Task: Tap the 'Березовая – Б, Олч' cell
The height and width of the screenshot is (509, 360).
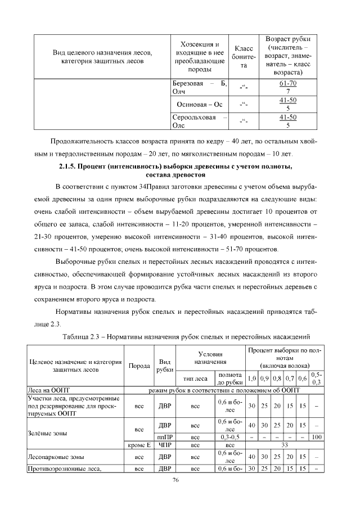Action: pyautogui.click(x=200, y=88)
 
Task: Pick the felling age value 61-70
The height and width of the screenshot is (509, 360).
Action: pyautogui.click(x=287, y=84)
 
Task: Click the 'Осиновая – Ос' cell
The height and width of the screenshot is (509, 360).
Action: pyautogui.click(x=200, y=105)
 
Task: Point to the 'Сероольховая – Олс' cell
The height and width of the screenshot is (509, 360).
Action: pyautogui.click(x=200, y=121)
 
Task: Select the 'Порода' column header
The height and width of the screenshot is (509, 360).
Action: pyautogui.click(x=139, y=365)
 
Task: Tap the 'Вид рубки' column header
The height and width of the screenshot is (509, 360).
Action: pyautogui.click(x=165, y=365)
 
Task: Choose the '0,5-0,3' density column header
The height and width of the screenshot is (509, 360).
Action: pyautogui.click(x=316, y=378)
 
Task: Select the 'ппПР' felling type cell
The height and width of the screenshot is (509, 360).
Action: pyautogui.click(x=165, y=436)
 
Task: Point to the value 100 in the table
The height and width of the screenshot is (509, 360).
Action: pyautogui.click(x=316, y=436)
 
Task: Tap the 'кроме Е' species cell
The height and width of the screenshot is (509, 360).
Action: pyautogui.click(x=139, y=445)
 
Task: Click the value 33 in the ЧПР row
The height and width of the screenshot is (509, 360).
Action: pyautogui.click(x=283, y=445)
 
